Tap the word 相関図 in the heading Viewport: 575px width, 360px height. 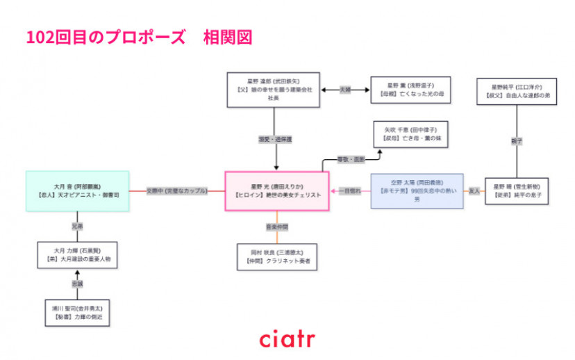pyautogui.click(x=227, y=37)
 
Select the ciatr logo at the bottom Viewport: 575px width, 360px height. pyautogui.click(x=287, y=339)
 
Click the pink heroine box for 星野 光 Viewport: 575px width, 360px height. pyautogui.click(x=277, y=191)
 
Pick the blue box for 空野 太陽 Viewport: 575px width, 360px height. pyautogui.click(x=417, y=191)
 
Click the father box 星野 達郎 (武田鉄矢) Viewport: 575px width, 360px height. pyautogui.click(x=274, y=90)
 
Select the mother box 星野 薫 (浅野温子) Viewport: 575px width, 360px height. pyautogui.click(x=410, y=90)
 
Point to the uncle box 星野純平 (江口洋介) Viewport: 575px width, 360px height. pyautogui.click(x=517, y=92)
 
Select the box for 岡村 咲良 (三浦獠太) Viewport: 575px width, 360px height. pyautogui.click(x=276, y=256)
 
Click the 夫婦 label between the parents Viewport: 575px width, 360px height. pyautogui.click(x=345, y=90)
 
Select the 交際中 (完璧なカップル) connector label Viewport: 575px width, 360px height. pyautogui.click(x=176, y=191)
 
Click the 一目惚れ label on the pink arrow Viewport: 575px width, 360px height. pyautogui.click(x=350, y=191)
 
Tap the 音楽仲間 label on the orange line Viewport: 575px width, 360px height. pyautogui.click(x=276, y=227)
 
